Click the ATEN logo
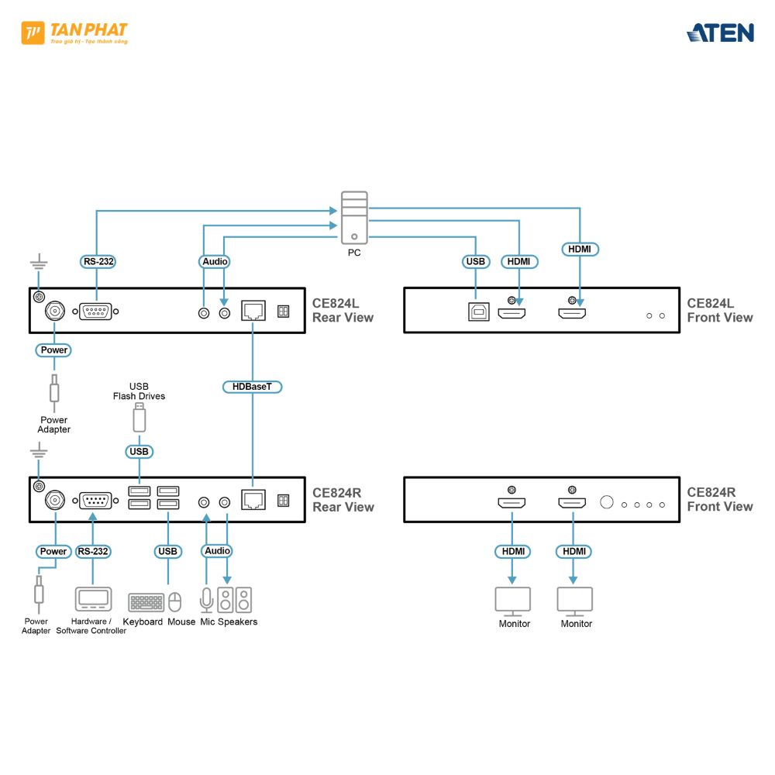pyautogui.click(x=720, y=33)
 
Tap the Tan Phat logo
pyautogui.click(x=75, y=33)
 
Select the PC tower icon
pyautogui.click(x=354, y=218)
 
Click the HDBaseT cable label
pyautogui.click(x=252, y=386)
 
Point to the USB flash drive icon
pyautogui.click(x=139, y=418)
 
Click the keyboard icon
pyautogui.click(x=146, y=602)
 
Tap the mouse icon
pyautogui.click(x=175, y=602)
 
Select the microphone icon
pyautogui.click(x=206, y=601)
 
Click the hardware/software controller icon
pyautogui.click(x=93, y=600)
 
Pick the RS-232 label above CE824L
pyautogui.click(x=98, y=261)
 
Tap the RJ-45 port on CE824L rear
pyautogui.click(x=253, y=311)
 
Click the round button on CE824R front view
pyautogui.click(x=606, y=502)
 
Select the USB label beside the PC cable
pyautogui.click(x=475, y=262)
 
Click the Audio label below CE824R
pyautogui.click(x=217, y=551)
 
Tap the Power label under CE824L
pyautogui.click(x=54, y=350)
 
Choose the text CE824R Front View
pyautogui.click(x=719, y=499)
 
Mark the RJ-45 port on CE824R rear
pyautogui.click(x=253, y=500)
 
